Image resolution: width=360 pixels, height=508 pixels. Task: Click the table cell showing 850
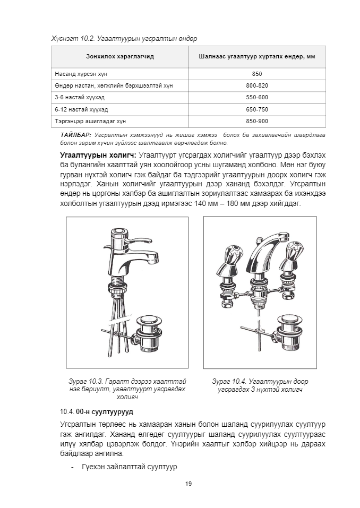click(257, 74)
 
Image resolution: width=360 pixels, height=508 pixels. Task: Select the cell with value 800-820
click(257, 85)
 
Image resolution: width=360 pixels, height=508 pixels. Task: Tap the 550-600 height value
click(257, 97)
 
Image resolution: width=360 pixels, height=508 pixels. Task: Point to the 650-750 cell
click(257, 109)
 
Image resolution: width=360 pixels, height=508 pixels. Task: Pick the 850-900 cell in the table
click(257, 121)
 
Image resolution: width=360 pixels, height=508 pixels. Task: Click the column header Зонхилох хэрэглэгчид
click(120, 56)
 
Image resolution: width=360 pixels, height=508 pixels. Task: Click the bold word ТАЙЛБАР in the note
click(76, 135)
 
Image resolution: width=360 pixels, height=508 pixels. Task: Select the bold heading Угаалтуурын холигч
click(98, 155)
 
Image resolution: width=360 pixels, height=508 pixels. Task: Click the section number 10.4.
click(67, 411)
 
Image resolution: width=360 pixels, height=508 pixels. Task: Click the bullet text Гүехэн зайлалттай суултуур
click(129, 467)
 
